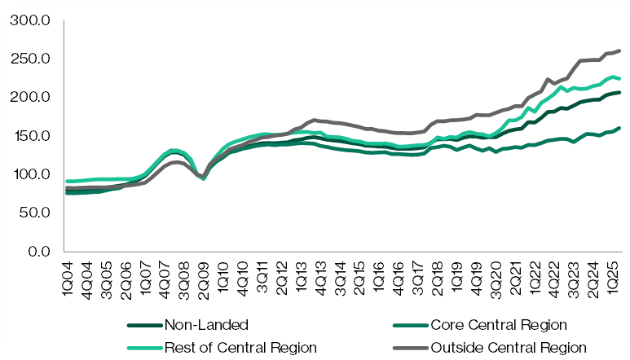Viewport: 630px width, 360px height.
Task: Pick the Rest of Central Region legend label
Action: tap(240, 348)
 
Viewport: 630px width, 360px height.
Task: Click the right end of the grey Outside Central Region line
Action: tap(620, 50)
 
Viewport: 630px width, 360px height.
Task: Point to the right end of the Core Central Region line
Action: tap(620, 128)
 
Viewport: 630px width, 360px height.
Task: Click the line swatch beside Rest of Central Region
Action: tap(144, 348)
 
